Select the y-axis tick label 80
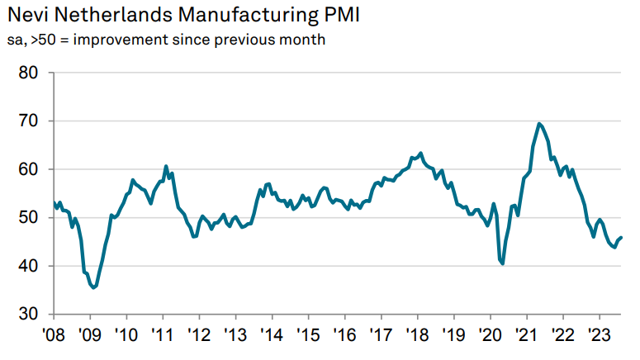coord(29,73)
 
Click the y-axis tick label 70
coord(29,121)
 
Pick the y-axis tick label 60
coord(29,169)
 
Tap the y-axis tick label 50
coord(29,218)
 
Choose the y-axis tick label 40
coord(29,266)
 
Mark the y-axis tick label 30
coord(29,315)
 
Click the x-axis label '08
coord(54,336)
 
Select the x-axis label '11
coord(163,336)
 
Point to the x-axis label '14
coord(272,336)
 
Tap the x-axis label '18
coord(417,336)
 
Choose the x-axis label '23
coord(599,336)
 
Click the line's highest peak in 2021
coord(539,124)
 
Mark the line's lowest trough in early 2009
coord(94,287)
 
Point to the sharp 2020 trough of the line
coord(503,263)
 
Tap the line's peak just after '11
coord(166,166)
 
